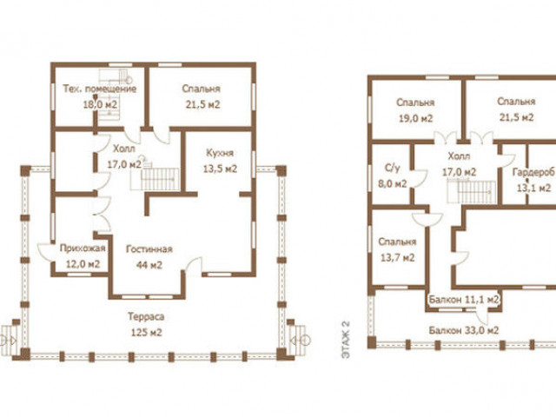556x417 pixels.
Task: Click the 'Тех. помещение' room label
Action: [100, 89]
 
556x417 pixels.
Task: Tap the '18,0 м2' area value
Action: [100, 104]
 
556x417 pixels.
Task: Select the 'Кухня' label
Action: [220, 153]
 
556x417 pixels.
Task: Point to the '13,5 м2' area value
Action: [220, 169]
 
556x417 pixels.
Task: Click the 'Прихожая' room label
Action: [83, 248]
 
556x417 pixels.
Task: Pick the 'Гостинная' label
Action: [149, 249]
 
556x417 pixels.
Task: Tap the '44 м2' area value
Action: [149, 265]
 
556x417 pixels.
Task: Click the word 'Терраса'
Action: [146, 316]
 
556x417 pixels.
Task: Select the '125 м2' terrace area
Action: [147, 333]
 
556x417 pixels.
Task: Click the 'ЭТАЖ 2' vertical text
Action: [346, 340]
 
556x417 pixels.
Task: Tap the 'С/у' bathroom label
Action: [392, 168]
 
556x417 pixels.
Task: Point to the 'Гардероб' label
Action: [533, 172]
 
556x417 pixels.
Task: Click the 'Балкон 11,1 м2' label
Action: [464, 300]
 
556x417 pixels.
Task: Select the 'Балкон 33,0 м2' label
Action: [464, 330]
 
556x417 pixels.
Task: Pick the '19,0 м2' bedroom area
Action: [415, 118]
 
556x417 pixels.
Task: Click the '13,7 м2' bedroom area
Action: [397, 257]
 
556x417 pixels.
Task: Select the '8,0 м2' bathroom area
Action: [392, 183]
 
